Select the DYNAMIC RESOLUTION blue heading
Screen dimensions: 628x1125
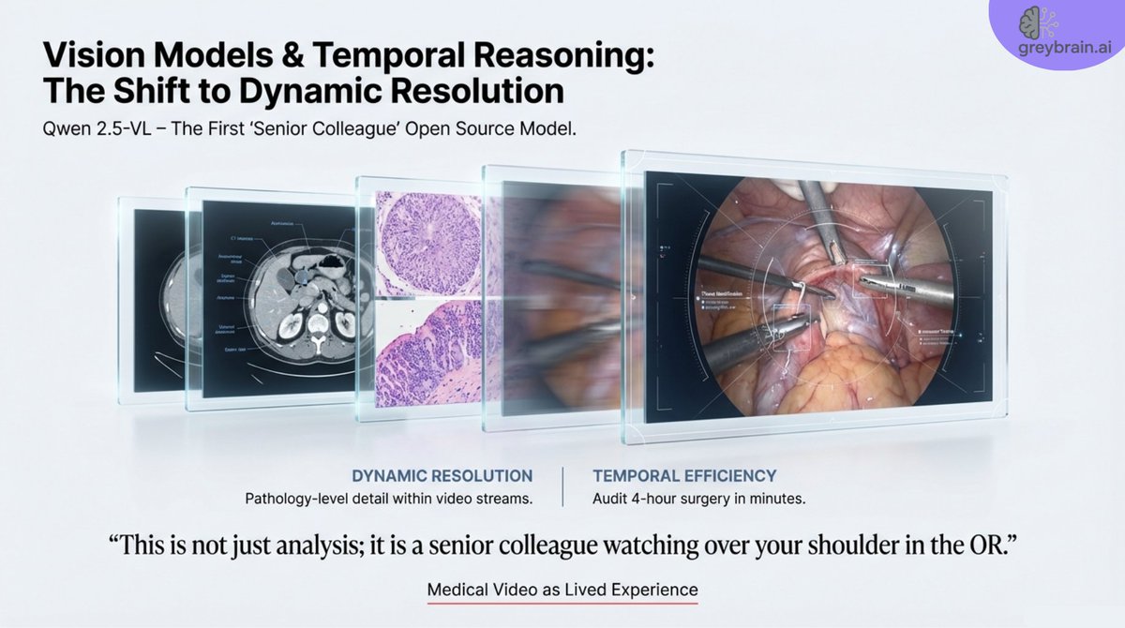click(442, 475)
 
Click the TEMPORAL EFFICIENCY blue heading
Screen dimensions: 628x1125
click(684, 475)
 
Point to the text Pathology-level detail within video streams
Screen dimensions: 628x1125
click(388, 499)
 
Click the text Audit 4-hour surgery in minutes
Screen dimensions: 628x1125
click(699, 499)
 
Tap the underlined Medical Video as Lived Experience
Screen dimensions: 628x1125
click(562, 591)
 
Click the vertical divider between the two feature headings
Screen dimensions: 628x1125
click(562, 486)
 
